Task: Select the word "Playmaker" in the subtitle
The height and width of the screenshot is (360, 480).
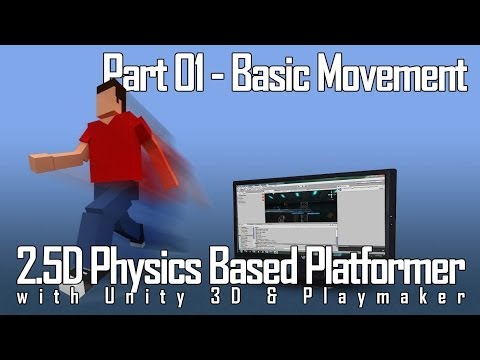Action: click(398, 299)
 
